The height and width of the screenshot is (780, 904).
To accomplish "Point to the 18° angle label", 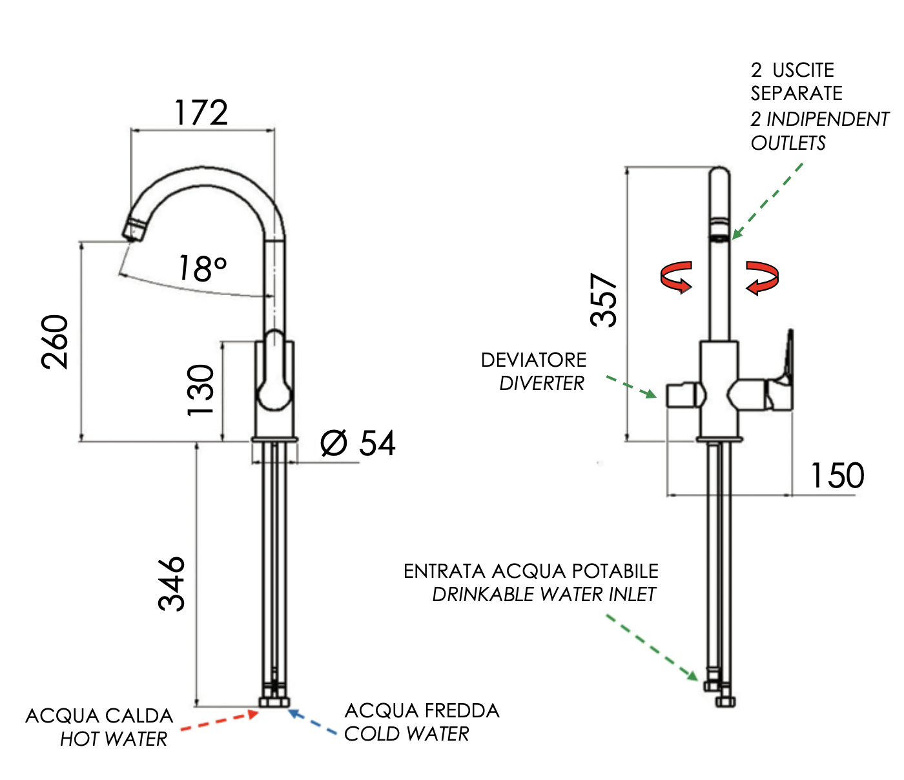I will click(x=202, y=268).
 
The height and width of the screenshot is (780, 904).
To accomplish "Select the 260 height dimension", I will click(x=56, y=342).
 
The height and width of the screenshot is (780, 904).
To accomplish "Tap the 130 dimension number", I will click(x=201, y=390).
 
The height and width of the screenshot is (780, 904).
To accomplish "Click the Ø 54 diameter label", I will click(x=358, y=444).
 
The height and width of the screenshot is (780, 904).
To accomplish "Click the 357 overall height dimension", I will click(x=605, y=300).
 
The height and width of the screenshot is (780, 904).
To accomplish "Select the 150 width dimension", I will click(x=837, y=476).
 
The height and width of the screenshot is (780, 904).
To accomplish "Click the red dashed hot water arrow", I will click(x=220, y=721).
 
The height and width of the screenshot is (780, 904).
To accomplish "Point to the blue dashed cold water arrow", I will click(x=313, y=723).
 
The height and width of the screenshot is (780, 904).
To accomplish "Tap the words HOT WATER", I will click(x=114, y=739).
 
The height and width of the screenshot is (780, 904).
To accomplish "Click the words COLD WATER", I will click(x=407, y=734).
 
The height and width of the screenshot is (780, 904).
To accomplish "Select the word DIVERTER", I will click(x=542, y=383).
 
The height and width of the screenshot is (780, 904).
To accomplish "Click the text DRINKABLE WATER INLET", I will click(x=544, y=594).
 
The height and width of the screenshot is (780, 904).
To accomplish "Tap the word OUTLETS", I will click(x=788, y=143).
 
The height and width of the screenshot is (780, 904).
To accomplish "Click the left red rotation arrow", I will click(x=677, y=277).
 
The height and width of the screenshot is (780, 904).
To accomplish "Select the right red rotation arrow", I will click(x=762, y=277).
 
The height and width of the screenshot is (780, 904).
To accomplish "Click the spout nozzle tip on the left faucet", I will click(x=134, y=230).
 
